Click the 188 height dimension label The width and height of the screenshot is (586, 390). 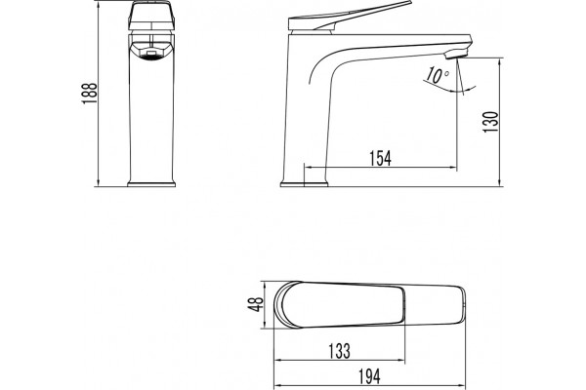point(90,94)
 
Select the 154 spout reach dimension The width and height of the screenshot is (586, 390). point(381,158)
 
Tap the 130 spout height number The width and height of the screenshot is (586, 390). point(491,122)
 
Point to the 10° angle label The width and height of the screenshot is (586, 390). point(438,76)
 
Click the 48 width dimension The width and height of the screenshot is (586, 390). point(256,304)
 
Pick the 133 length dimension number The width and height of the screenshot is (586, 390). point(339,351)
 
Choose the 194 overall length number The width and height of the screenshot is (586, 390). point(369,376)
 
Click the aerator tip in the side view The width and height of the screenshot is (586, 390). point(456,54)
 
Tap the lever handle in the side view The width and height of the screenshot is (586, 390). point(350,16)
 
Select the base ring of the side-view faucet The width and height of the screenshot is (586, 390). point(304,184)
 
